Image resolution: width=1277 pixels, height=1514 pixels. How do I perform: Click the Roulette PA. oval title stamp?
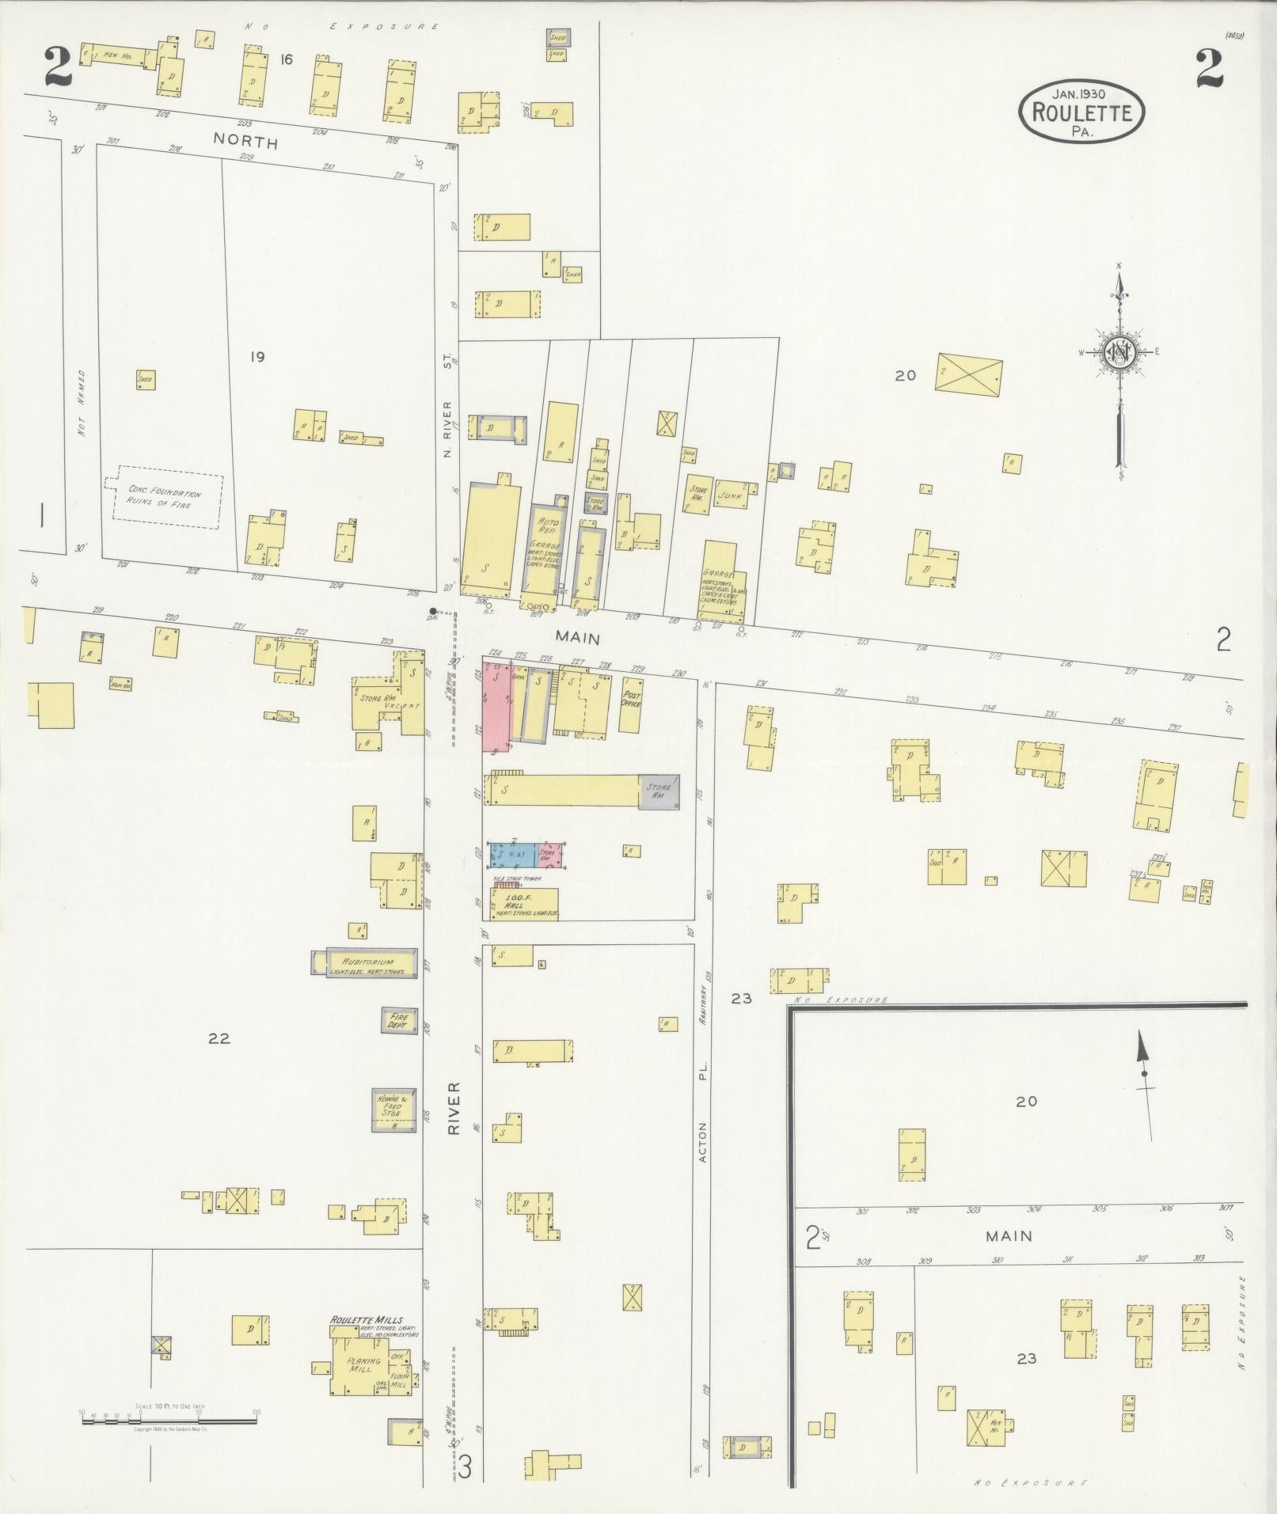pyautogui.click(x=1081, y=112)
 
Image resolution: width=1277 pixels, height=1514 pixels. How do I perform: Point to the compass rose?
pyautogui.click(x=1119, y=353)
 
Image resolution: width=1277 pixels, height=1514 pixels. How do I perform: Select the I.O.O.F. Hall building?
pyautogui.click(x=524, y=904)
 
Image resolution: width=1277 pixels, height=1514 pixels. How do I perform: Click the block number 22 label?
pyautogui.click(x=219, y=1038)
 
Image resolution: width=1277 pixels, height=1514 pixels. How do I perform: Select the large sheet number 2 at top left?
pyautogui.click(x=57, y=69)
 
